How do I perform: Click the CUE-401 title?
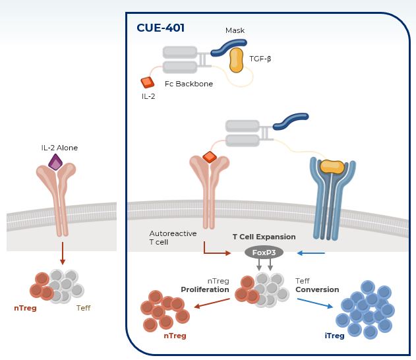pos(160,28)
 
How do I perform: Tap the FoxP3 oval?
pos(264,253)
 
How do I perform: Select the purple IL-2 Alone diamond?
pos(55,162)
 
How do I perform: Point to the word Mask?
pos(235,30)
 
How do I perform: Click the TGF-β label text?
pos(260,59)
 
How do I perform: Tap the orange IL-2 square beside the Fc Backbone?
pos(147,82)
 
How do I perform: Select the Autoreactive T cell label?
pos(169,238)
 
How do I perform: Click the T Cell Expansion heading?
pos(264,237)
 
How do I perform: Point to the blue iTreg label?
pos(334,336)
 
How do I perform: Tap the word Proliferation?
pos(205,289)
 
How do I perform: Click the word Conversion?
pos(317,289)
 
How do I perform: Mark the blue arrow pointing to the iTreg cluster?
pos(315,304)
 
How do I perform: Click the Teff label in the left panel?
pos(84,308)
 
